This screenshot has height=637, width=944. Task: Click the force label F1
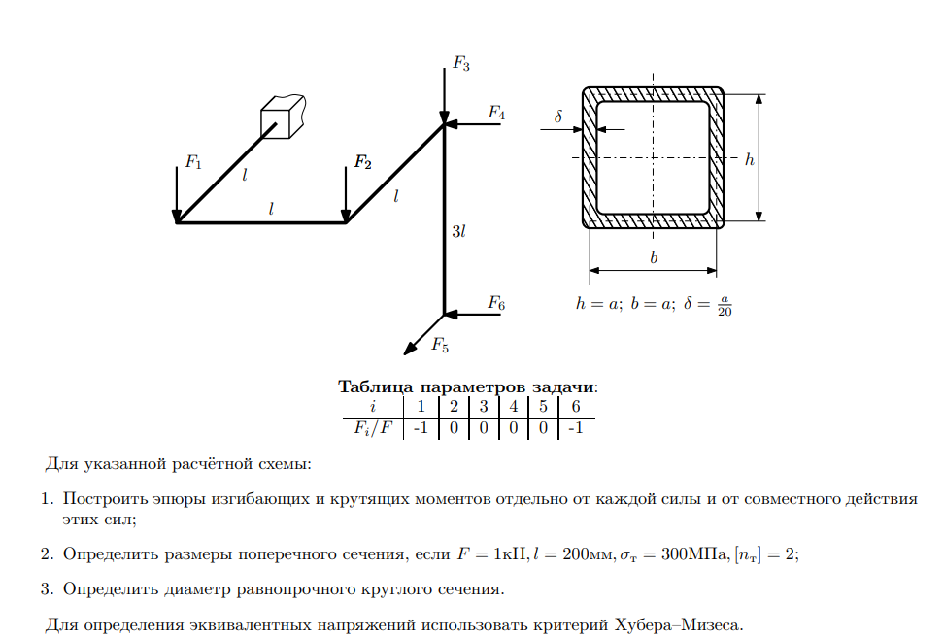coord(193,162)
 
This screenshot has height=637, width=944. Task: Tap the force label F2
coord(362,162)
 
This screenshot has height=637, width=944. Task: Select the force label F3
coord(461,65)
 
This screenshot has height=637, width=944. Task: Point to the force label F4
coord(496,113)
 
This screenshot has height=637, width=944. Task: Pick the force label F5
coord(440,344)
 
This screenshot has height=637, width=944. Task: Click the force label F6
coord(496,303)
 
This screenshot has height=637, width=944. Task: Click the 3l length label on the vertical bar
coord(459,231)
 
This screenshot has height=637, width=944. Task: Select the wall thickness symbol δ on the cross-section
coord(558,117)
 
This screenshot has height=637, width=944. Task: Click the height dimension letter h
coord(749,159)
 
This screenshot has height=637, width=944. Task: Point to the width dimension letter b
coord(654,258)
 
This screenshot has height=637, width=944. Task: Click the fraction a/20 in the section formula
coord(725,305)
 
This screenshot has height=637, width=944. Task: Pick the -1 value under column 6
coord(575,427)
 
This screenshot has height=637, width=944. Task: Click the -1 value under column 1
coord(420,427)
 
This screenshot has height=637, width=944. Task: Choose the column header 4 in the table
coord(513,406)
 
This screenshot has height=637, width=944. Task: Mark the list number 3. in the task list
coord(47,588)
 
